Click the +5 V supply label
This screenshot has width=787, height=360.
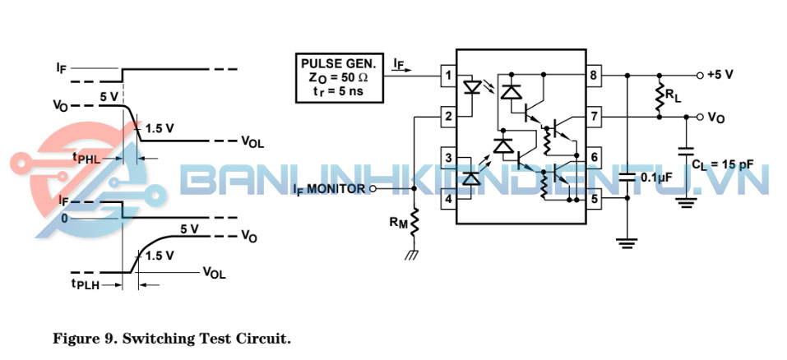coord(720,74)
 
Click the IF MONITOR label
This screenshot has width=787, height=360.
coord(329,189)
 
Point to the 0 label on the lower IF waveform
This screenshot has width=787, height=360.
coord(63,219)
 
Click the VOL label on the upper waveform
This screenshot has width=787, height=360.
coord(252,141)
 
